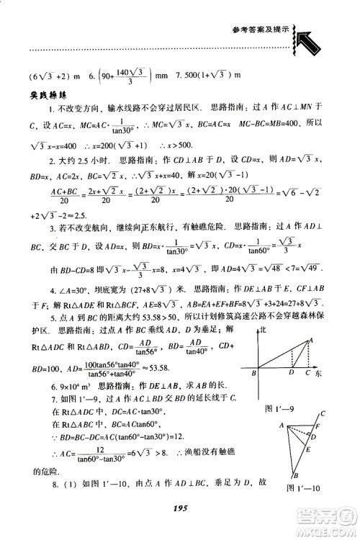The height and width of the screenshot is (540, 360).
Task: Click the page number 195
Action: tap(181, 508)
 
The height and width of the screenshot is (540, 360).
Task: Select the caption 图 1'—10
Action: tap(302, 487)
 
